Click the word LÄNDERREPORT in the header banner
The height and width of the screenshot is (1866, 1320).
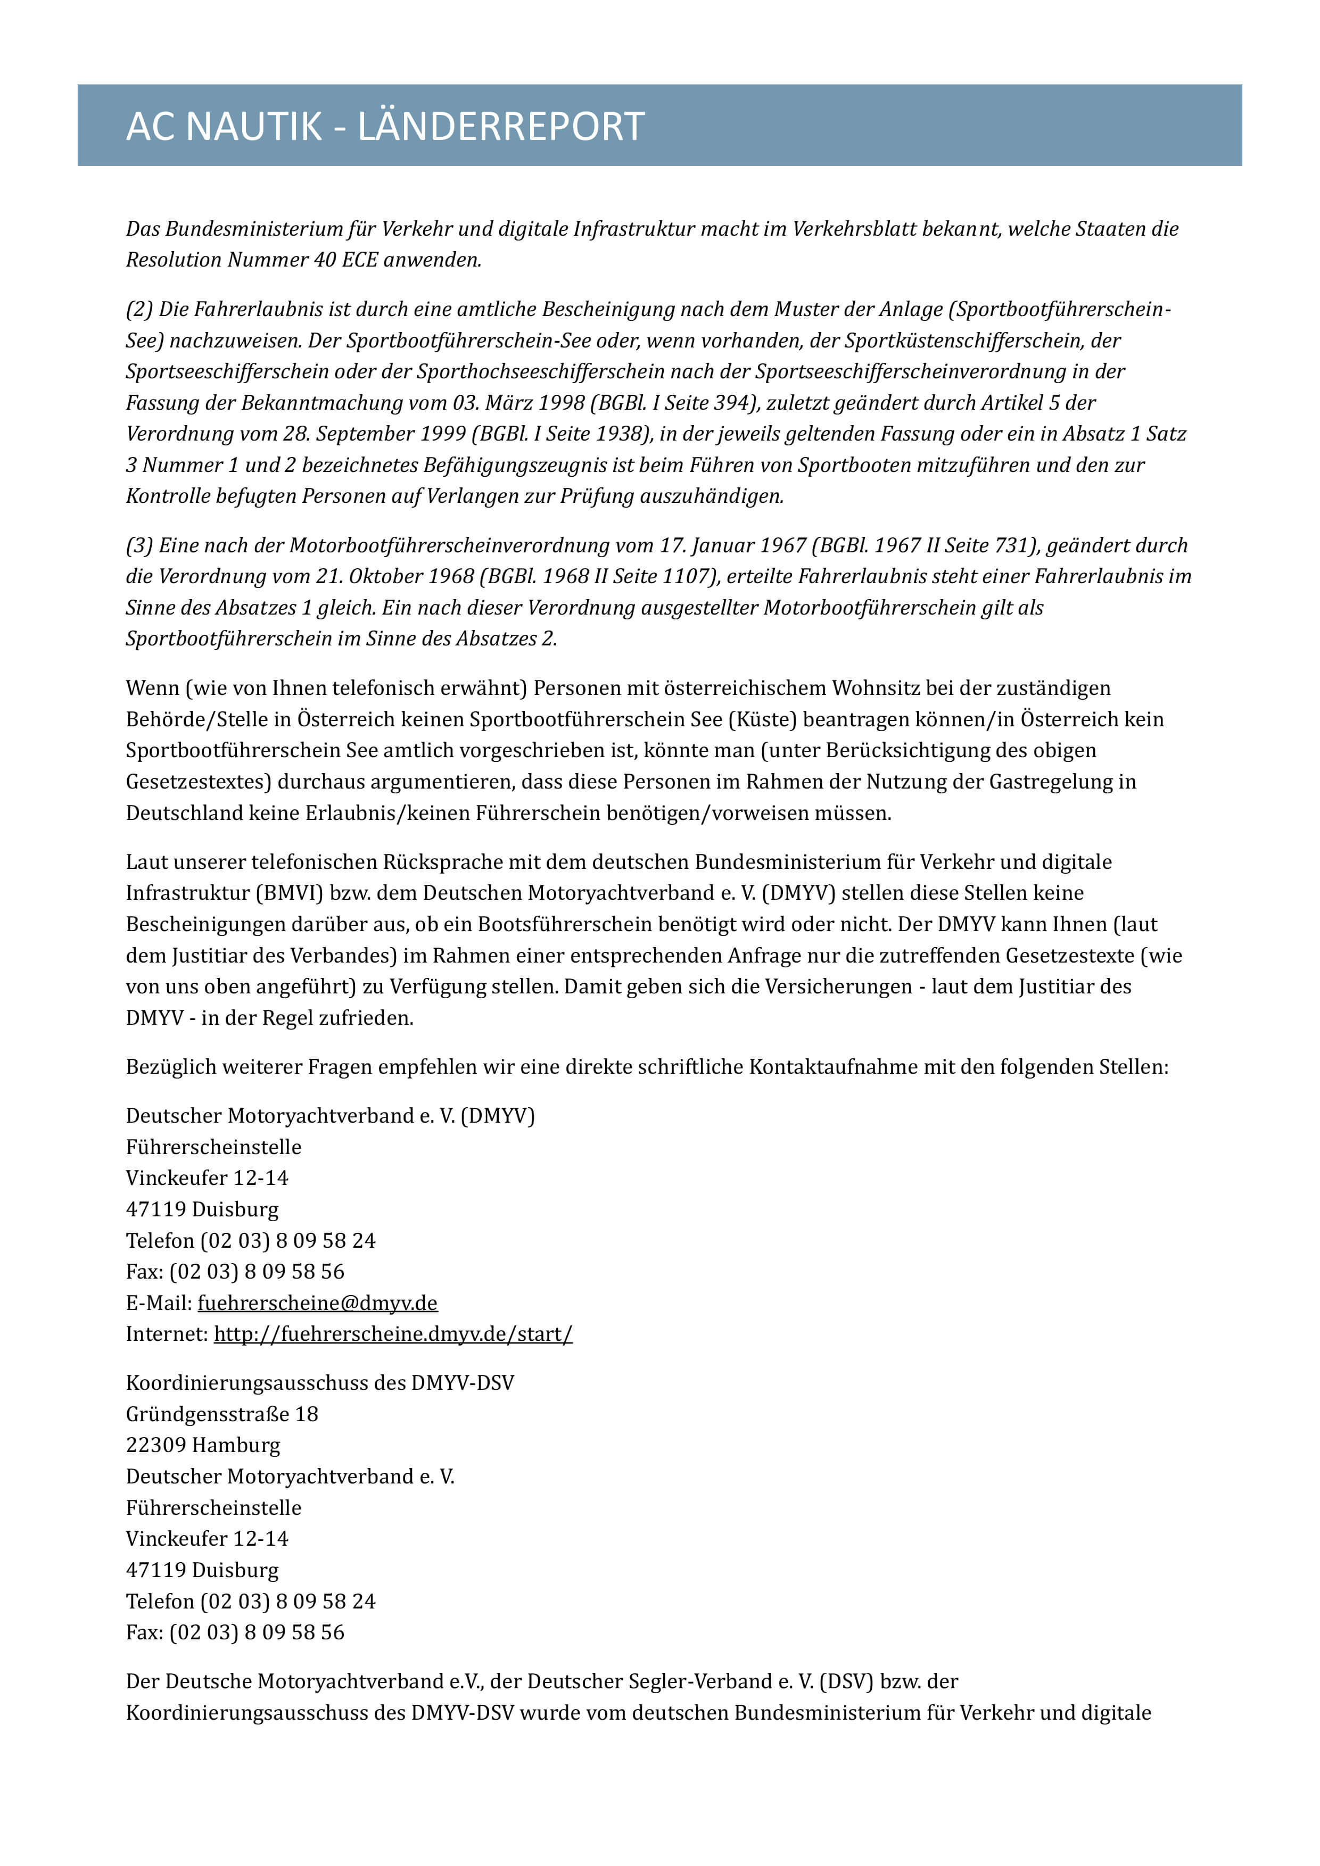(501, 127)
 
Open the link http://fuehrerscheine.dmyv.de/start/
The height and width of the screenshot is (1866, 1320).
(393, 1334)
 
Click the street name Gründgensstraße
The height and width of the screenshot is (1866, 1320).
(207, 1414)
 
